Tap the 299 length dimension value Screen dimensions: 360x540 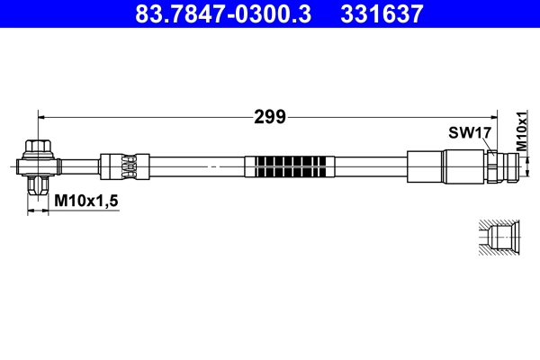(x=270, y=116)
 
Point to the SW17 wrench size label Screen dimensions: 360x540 (x=469, y=132)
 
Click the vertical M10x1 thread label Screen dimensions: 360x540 (x=521, y=130)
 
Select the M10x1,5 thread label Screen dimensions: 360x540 (x=86, y=200)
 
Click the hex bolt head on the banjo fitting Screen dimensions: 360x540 (x=38, y=147)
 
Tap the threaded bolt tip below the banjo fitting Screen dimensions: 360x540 (x=38, y=186)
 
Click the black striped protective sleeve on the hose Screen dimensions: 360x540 (x=292, y=166)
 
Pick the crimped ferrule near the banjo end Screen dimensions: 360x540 (x=119, y=166)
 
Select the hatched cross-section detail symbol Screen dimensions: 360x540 (x=495, y=238)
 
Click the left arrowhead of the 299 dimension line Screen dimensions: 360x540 (x=41, y=116)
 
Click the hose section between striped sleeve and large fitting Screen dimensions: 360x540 (x=371, y=166)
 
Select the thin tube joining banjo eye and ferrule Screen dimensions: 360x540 (x=78, y=166)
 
